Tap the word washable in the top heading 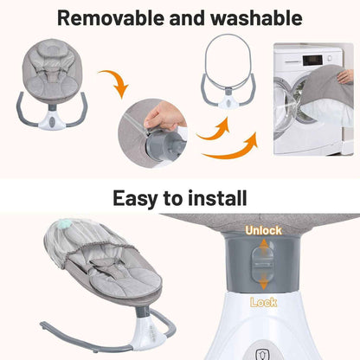pos(255,18)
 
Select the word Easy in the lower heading pos(137,198)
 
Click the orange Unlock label pos(262,232)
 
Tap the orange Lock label pos(263,303)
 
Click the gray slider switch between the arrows pos(263,267)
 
